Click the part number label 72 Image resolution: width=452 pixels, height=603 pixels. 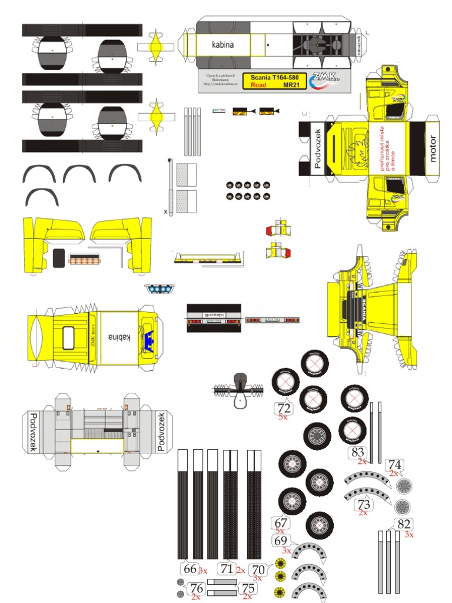tap(284, 407)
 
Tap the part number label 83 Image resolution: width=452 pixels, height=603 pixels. tap(357, 452)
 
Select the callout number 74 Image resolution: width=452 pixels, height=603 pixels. tap(395, 464)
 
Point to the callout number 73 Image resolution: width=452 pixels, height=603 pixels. tap(364, 504)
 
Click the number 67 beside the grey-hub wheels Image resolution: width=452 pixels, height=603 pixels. tap(281, 522)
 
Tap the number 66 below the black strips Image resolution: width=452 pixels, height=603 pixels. tap(190, 569)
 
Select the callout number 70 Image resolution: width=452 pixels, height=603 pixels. tap(257, 569)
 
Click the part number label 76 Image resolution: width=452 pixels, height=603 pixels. tap(197, 588)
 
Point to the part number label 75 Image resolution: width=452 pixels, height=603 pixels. tap(248, 588)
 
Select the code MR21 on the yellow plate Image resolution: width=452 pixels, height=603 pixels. tap(291, 85)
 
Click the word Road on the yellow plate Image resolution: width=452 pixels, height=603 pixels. tap(259, 85)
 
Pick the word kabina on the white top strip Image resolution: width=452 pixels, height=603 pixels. tap(224, 44)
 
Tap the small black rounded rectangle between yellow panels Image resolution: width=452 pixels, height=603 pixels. tap(59, 257)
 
